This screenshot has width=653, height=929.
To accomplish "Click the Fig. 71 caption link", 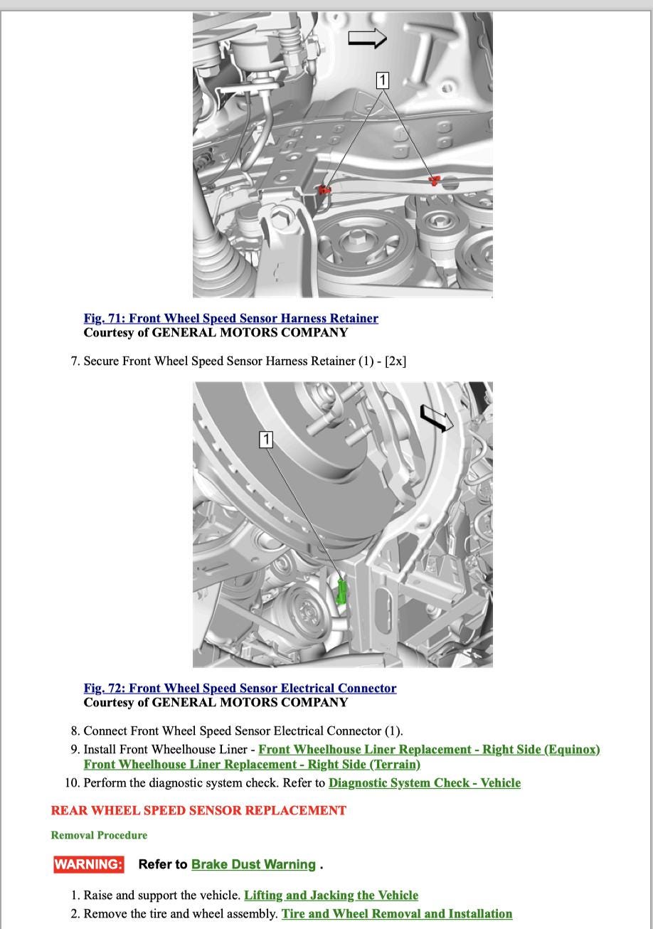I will pyautogui.click(x=230, y=319).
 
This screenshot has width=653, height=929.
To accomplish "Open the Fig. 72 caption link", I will pyautogui.click(x=240, y=689).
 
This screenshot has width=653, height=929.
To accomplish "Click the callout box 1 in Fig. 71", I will pyautogui.click(x=383, y=80).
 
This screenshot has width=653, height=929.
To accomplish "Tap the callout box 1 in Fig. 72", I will pyautogui.click(x=266, y=440).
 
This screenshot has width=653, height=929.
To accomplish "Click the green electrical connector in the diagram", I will pyautogui.click(x=341, y=592).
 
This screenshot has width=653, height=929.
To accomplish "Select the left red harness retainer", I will pyautogui.click(x=324, y=190).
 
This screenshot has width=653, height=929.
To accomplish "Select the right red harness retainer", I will pyautogui.click(x=433, y=180).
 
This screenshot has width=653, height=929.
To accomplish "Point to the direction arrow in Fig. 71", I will pyautogui.click(x=367, y=38).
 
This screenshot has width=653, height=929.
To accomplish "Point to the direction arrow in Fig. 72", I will pyautogui.click(x=436, y=418).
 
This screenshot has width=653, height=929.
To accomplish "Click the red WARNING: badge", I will pyautogui.click(x=88, y=865).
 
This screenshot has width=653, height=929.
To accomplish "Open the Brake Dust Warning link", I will pyautogui.click(x=253, y=865).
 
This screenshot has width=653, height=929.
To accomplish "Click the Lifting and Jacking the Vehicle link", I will pyautogui.click(x=331, y=896).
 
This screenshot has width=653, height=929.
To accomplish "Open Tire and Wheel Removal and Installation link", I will pyautogui.click(x=397, y=914).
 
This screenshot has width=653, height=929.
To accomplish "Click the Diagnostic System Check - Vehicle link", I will pyautogui.click(x=424, y=783).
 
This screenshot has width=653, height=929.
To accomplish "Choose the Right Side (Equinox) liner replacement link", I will pyautogui.click(x=429, y=750).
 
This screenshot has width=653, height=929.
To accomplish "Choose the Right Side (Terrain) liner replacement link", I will pyautogui.click(x=252, y=765).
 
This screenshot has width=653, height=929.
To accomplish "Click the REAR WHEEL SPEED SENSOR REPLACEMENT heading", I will pyautogui.click(x=198, y=811).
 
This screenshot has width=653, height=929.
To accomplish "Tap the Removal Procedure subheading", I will pyautogui.click(x=99, y=836).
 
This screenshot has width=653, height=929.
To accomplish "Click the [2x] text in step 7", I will pyautogui.click(x=395, y=361).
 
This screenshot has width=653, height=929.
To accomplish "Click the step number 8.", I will pyautogui.click(x=75, y=731).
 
